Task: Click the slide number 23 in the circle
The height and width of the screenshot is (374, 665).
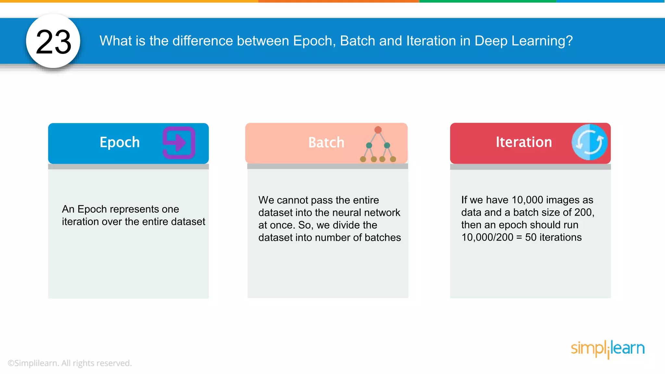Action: point(54,42)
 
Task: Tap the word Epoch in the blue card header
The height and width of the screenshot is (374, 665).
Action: point(119,143)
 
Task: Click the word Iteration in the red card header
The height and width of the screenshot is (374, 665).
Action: point(523,142)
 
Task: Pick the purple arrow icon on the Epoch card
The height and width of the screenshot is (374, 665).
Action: point(179,143)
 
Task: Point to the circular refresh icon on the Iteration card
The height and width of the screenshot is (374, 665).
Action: point(589,142)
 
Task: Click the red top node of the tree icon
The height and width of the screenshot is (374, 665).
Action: point(378,130)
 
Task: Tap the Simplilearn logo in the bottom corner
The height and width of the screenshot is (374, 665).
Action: point(608,349)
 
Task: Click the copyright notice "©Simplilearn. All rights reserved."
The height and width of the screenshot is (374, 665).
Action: point(69,363)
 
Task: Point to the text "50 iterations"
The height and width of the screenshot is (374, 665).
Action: point(553,237)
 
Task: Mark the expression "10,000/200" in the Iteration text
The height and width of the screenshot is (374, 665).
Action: point(487,237)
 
